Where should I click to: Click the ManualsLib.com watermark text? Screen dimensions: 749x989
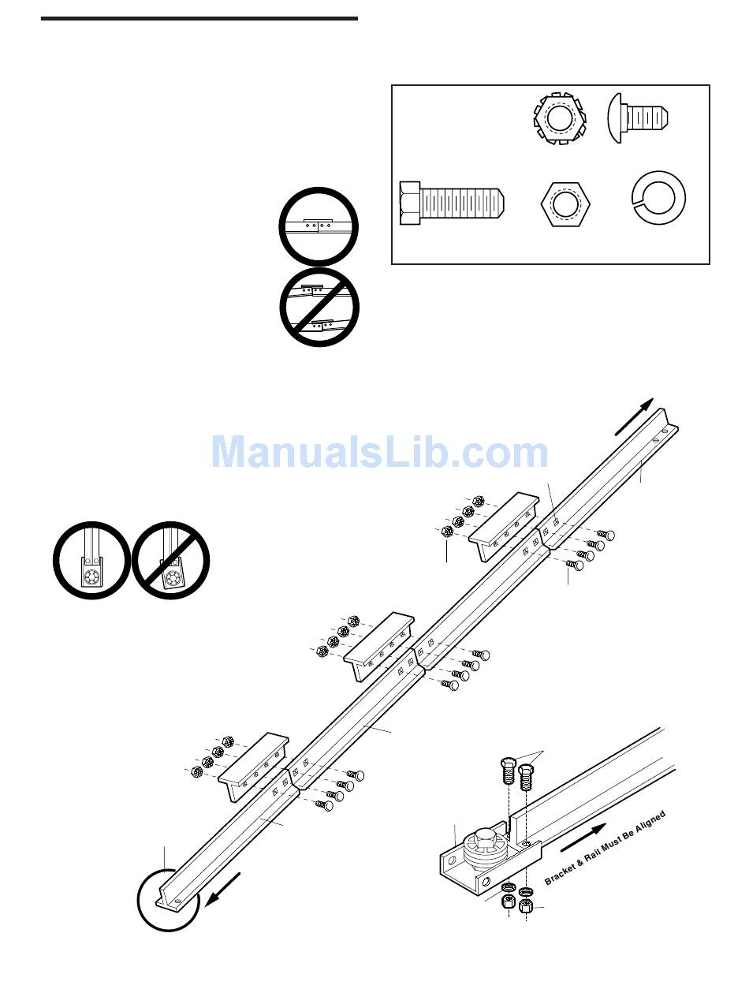(x=379, y=453)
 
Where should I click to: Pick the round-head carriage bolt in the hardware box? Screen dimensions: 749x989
(x=639, y=118)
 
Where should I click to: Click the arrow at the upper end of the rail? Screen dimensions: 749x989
(x=635, y=416)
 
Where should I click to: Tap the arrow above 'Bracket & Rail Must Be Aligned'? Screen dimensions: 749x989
(x=584, y=838)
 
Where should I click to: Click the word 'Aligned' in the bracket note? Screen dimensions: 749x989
(x=647, y=825)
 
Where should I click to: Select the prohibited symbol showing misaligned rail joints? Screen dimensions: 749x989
(x=319, y=307)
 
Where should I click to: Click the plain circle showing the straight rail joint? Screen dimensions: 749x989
(x=319, y=226)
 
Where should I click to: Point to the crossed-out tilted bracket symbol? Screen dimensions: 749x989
(x=170, y=560)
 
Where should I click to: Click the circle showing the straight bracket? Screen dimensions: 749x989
(x=91, y=560)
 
